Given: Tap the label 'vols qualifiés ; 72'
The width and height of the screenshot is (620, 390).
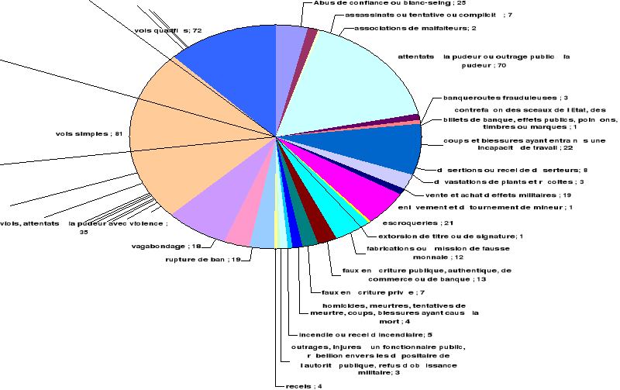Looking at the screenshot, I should point(168,30).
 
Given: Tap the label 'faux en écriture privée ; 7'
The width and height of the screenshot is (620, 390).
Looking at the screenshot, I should point(363,292).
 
